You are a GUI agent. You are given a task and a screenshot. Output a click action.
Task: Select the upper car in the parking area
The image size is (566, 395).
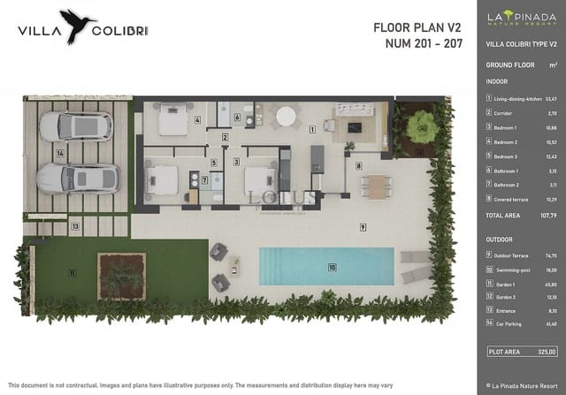point(75,125)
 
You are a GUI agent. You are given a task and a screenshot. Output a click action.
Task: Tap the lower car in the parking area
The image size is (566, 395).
point(78,178)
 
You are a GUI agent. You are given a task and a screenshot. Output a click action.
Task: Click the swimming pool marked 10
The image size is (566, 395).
point(325,266)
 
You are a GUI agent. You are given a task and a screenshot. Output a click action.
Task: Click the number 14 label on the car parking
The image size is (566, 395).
point(60,152)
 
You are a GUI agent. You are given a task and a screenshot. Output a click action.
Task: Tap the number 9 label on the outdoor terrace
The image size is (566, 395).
point(363,227)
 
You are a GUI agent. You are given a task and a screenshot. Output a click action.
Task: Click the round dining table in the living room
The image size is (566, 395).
point(286,117)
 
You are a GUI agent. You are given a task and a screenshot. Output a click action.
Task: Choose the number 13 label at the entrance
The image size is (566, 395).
point(75,226)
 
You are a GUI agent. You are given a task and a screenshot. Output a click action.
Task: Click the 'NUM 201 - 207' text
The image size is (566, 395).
point(424,42)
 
